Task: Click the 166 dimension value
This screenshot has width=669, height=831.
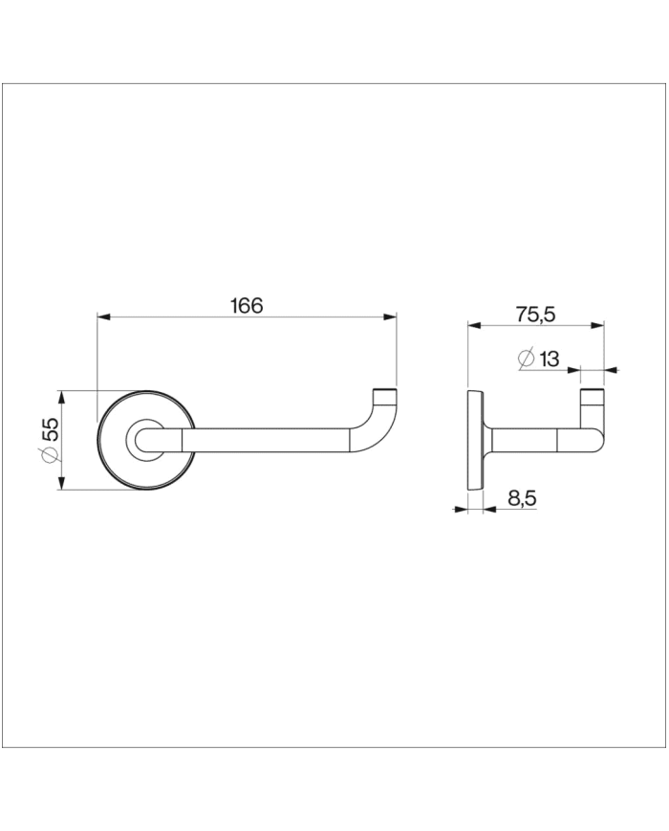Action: point(247,306)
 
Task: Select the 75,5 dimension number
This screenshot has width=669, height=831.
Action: point(535,314)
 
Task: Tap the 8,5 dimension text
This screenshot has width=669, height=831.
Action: point(521,497)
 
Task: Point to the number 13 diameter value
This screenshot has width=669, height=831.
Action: point(549,359)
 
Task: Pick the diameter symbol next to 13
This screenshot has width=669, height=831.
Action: point(525,359)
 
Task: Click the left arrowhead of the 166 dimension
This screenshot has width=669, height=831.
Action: point(104,317)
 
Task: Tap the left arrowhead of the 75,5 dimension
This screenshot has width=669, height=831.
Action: point(474,325)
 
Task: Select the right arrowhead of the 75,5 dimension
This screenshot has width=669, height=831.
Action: point(598,325)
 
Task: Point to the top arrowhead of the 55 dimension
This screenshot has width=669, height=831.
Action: point(61,396)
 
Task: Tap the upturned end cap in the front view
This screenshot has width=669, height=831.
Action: point(384,394)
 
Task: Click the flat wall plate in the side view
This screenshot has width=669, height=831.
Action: point(473,440)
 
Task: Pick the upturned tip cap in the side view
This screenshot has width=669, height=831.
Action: point(593,395)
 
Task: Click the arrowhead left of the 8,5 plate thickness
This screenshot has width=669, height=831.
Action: point(462,509)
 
